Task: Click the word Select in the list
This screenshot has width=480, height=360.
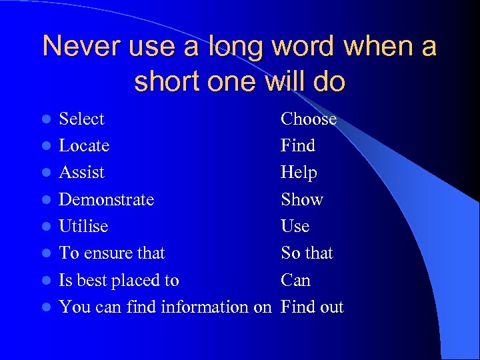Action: [x=82, y=119]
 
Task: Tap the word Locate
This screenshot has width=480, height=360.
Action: [x=84, y=146]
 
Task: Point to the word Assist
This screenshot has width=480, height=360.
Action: [x=82, y=173]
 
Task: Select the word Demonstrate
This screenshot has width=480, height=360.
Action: [x=107, y=200]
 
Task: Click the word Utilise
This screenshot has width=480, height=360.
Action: [x=83, y=227]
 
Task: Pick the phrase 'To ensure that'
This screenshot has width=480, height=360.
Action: [x=112, y=253]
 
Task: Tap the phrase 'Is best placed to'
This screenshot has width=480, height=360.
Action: [x=119, y=281]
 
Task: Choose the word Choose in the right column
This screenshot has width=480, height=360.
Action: [x=309, y=119]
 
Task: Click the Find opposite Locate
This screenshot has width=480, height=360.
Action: [x=298, y=146]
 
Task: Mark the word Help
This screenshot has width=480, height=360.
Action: [x=299, y=173]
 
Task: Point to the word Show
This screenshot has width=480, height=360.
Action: [x=302, y=200]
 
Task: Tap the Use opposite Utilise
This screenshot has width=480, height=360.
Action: [x=295, y=227]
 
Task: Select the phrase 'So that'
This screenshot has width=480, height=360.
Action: [x=307, y=253]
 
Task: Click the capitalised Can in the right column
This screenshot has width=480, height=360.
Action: [x=296, y=281]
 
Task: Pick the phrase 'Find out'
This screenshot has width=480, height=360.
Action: [x=313, y=307]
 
